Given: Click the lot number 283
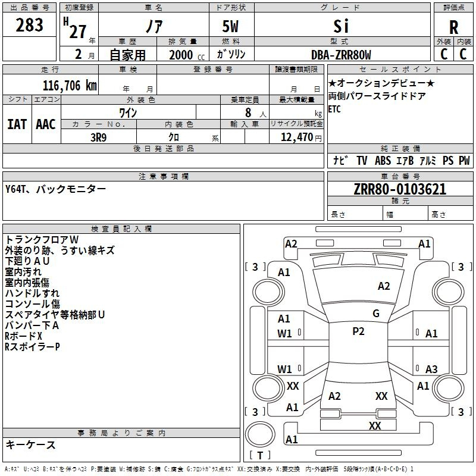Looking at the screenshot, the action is coord(29,25).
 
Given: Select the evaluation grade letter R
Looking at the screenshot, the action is coord(453,27).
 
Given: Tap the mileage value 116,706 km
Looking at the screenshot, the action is coord(70,86).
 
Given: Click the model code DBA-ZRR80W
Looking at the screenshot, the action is coord(341,55).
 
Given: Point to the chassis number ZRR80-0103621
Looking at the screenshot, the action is coord(400,189).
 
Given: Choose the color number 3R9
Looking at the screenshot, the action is coord(99,137).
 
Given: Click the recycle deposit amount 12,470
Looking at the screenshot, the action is coord(296,137).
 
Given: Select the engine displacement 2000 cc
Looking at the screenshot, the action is coord(187,55).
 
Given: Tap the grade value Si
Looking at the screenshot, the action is coord(341,26).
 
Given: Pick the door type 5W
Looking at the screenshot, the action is coord(230,26).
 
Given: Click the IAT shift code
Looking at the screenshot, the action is coord(17,124).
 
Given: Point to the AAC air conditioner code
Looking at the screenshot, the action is coord(46,124).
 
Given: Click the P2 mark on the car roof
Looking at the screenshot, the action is coord(358,331).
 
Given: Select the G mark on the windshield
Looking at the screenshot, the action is coord(376,314).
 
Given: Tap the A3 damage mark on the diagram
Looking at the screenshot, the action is coord(431,369).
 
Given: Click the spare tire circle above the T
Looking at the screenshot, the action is coord(260,434).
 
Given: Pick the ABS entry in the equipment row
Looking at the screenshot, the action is coord(383,161).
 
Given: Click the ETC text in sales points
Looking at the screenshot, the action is coord(334,109).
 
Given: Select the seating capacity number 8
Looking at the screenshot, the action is coord(248,112).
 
